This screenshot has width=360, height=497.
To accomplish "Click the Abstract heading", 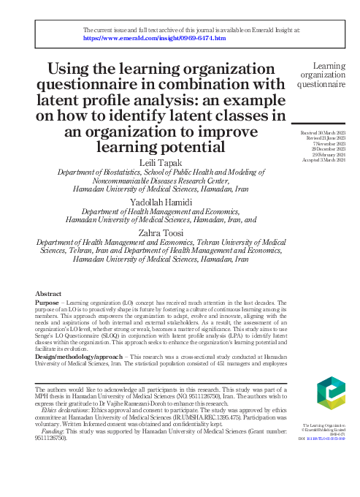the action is tap(48, 292).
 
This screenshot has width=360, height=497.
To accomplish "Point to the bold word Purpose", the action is tap(47, 301).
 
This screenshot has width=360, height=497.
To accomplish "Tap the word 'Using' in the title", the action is tap(71, 69).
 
